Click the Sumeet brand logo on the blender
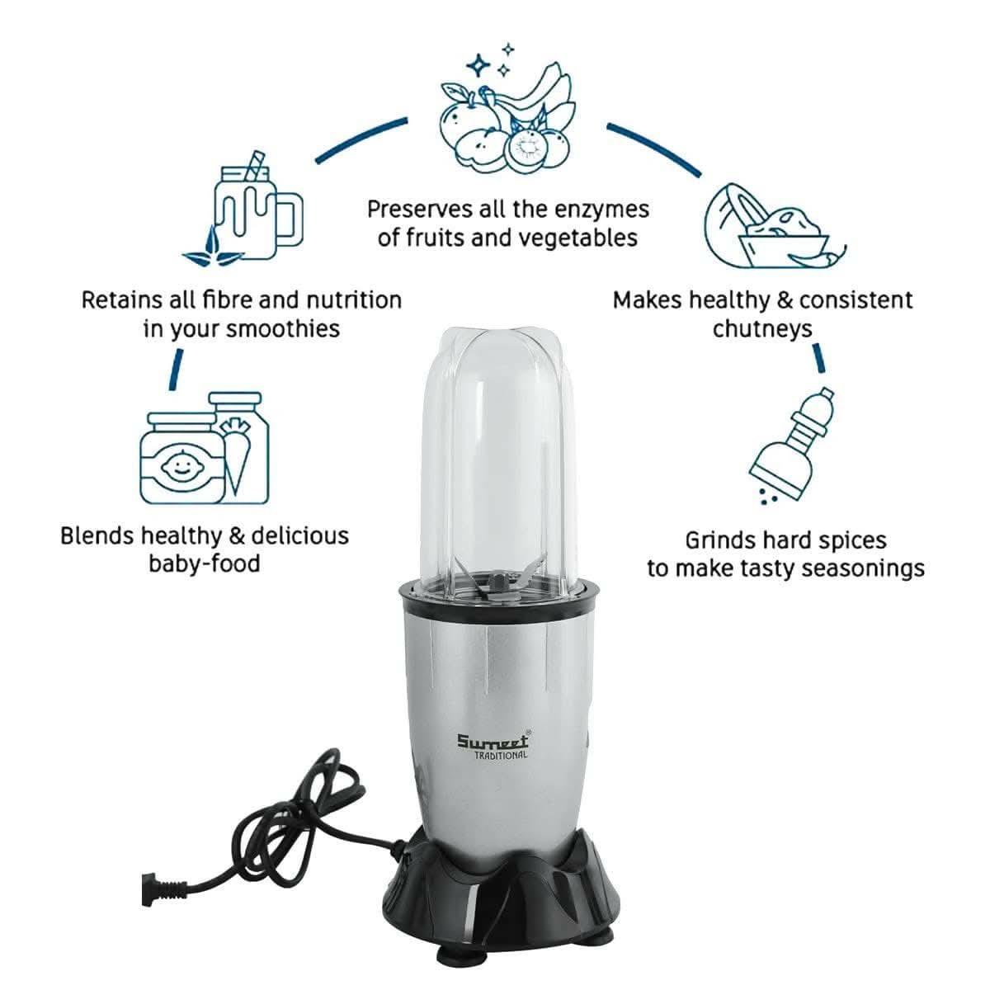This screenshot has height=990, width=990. [493, 740]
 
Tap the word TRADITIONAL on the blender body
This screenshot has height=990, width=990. [501, 755]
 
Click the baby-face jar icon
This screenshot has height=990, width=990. [183, 458]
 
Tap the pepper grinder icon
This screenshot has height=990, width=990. [792, 445]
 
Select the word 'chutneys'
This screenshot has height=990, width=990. [762, 329]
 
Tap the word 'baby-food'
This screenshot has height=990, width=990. [205, 563]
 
